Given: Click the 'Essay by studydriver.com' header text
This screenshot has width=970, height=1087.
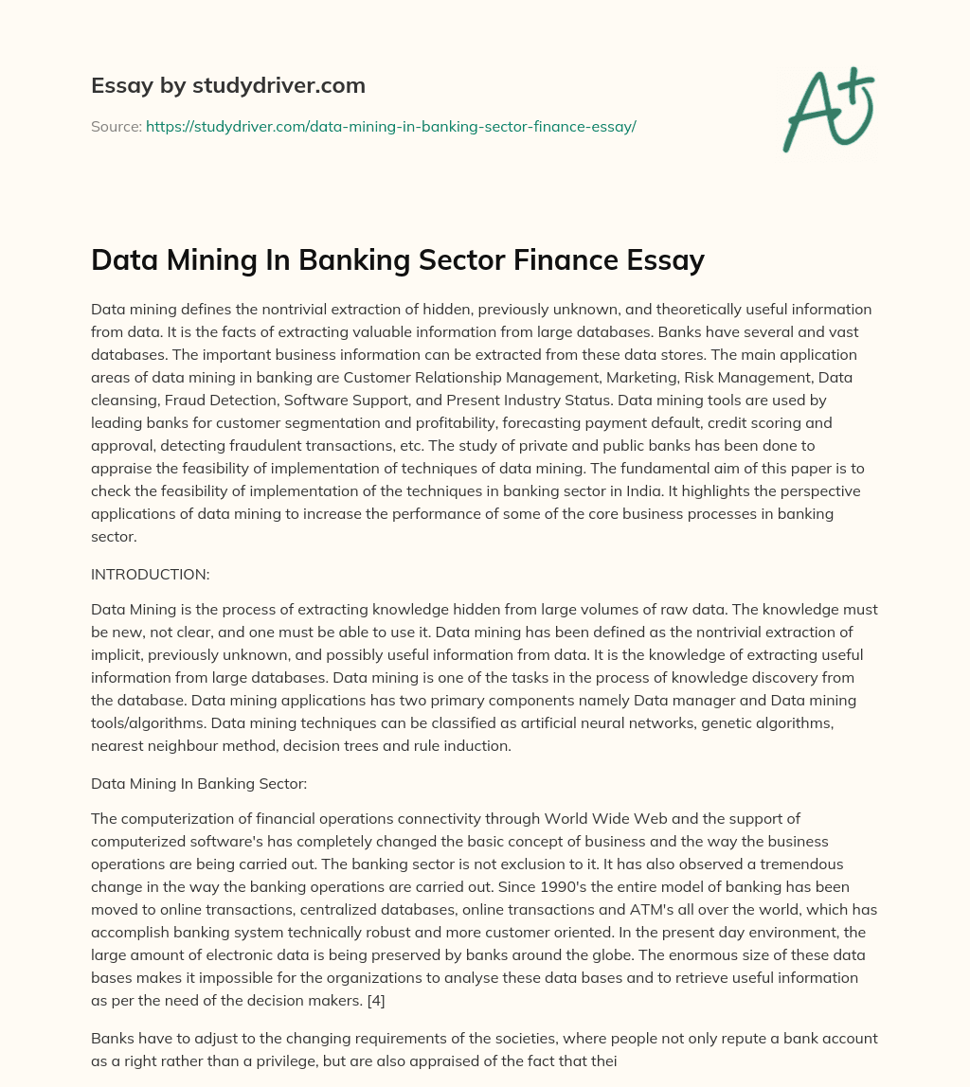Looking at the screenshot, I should pos(228,85).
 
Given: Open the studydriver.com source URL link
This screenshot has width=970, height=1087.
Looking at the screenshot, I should pos(390,126).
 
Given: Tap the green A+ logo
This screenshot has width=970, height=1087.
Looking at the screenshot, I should pos(827,109).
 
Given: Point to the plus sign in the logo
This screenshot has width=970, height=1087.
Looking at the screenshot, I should pos(858,82).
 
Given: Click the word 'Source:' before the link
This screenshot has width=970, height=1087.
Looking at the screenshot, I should pos(116,126).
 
